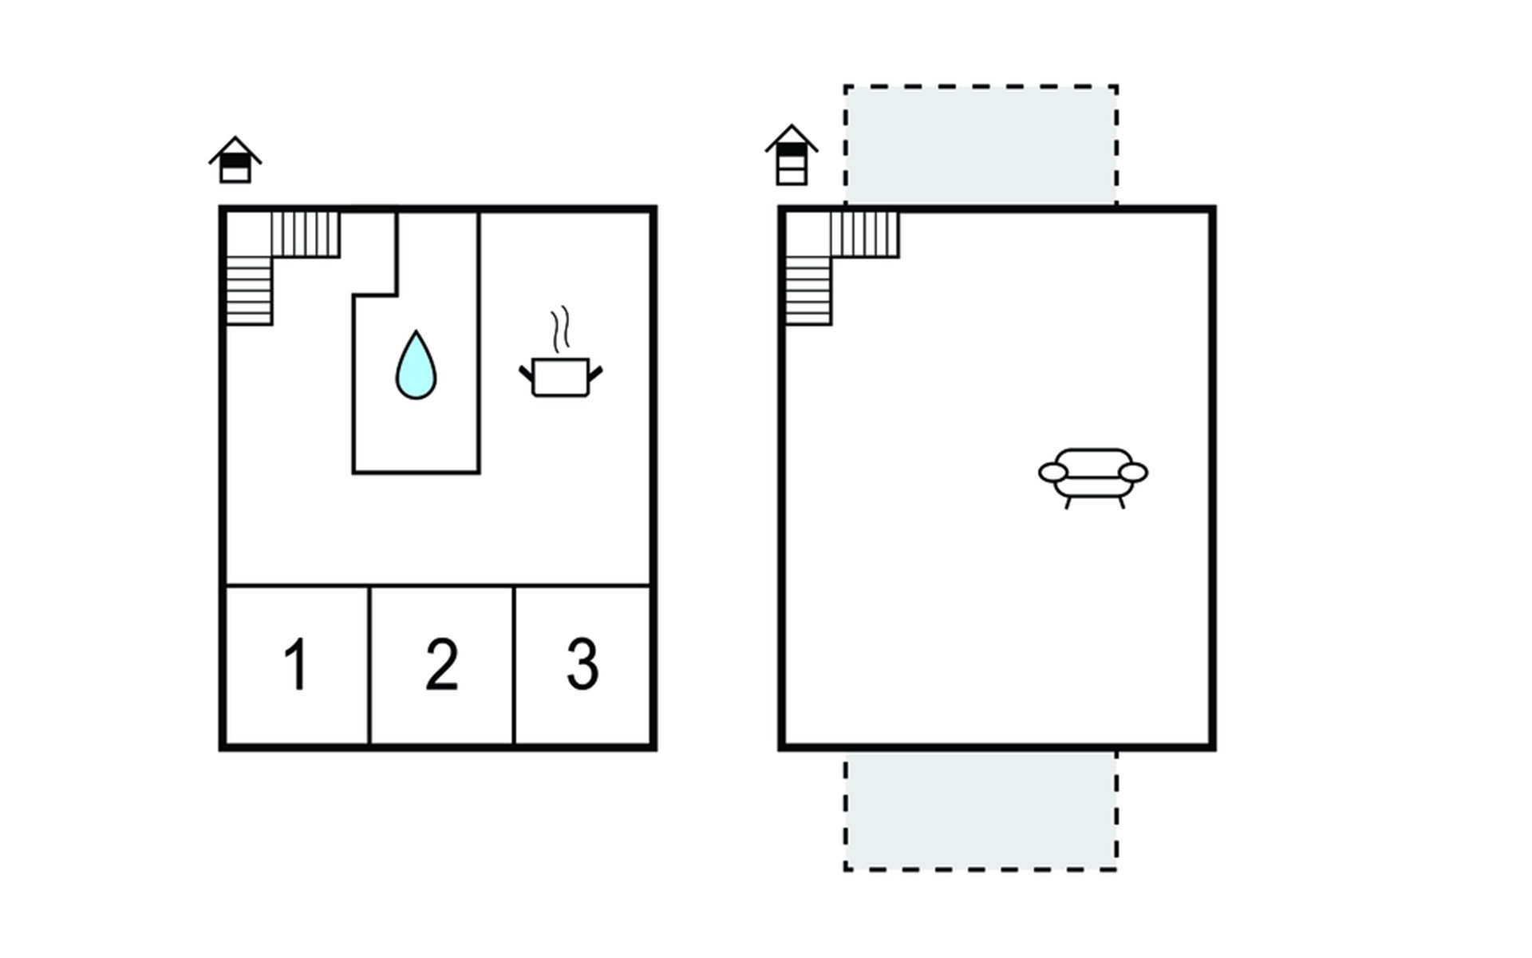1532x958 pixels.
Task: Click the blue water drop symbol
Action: [416, 366]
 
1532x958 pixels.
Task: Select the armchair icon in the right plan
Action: [1093, 477]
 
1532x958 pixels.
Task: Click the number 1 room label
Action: [296, 663]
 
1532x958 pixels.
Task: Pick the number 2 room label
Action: [441, 663]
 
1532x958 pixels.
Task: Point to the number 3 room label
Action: [582, 663]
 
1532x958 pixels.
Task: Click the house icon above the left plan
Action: [235, 160]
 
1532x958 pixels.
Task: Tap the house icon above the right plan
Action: [792, 155]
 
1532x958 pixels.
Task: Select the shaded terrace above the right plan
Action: [981, 145]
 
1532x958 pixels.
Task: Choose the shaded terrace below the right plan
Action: [981, 810]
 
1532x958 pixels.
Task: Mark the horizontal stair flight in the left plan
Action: [306, 234]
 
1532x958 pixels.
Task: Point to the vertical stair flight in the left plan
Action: [249, 291]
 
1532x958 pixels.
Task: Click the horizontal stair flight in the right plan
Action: [865, 234]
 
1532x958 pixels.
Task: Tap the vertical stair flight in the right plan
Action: [808, 291]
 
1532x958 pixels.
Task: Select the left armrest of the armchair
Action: [1052, 473]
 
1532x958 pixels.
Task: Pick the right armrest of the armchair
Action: [1134, 473]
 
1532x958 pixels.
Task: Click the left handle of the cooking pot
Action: [527, 373]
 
